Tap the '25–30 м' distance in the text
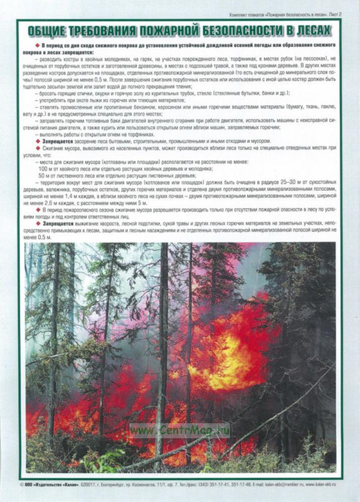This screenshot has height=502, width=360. pos(265,182)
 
